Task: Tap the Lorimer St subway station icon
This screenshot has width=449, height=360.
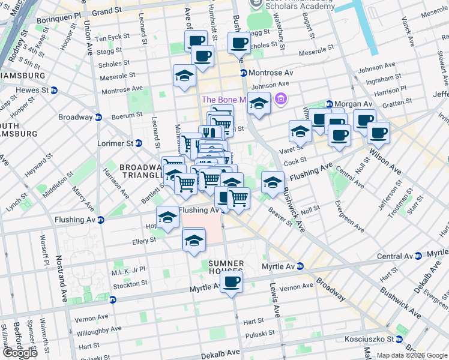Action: point(139,143)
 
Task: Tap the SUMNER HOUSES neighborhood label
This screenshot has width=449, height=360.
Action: point(226,268)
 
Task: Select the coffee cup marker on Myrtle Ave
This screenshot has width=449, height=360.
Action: point(231,281)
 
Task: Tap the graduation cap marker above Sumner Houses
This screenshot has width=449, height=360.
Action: point(193,241)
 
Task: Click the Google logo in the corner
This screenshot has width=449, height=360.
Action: point(20,353)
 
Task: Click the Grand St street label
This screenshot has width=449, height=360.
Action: point(107,11)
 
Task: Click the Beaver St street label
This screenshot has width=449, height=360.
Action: point(280,218)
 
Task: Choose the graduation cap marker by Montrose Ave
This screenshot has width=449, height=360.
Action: point(184,76)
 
